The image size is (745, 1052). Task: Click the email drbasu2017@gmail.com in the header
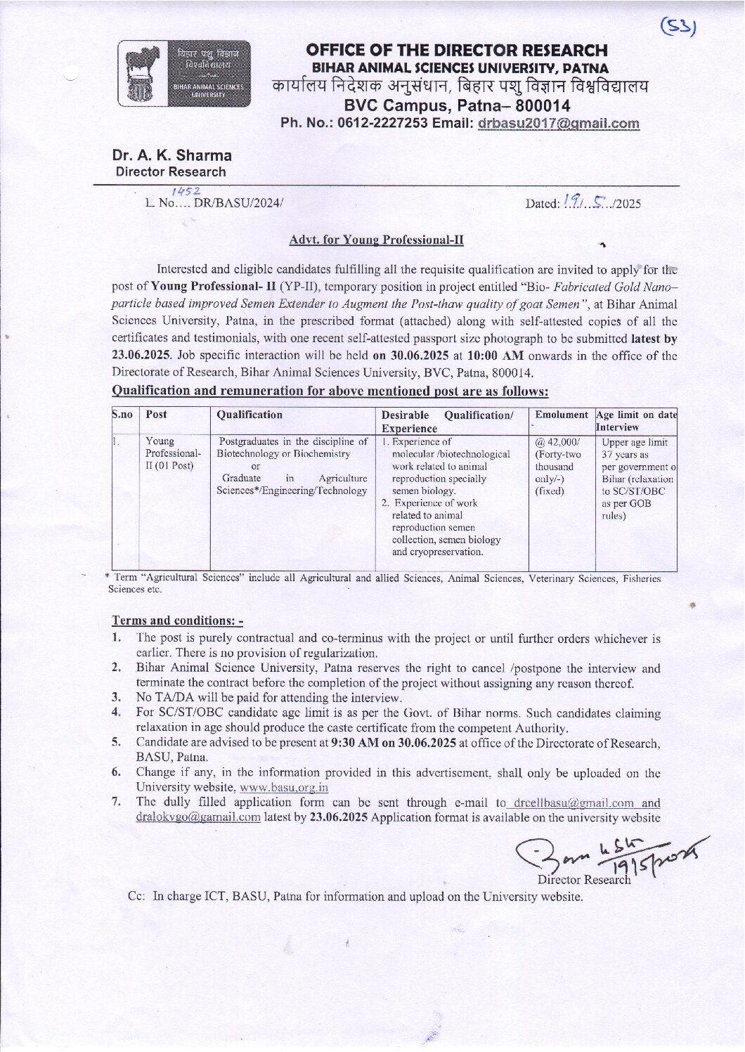(x=558, y=124)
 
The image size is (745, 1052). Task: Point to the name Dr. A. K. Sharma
(x=171, y=155)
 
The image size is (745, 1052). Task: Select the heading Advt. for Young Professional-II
(x=376, y=240)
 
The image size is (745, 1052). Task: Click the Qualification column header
(x=250, y=415)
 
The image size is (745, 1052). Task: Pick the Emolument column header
(x=561, y=415)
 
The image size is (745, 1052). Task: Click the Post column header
(x=156, y=415)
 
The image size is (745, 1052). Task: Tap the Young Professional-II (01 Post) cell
(x=173, y=453)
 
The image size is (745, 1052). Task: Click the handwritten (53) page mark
(x=678, y=27)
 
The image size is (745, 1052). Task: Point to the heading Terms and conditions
(x=177, y=621)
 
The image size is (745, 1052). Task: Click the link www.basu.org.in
(x=284, y=788)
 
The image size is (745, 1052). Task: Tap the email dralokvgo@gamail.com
(x=198, y=817)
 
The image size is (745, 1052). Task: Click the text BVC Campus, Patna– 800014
(x=457, y=106)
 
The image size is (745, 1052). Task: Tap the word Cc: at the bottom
(x=136, y=897)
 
